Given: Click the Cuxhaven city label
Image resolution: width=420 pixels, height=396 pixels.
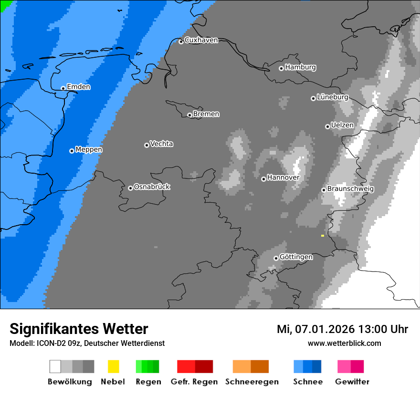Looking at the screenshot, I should coord(201,41).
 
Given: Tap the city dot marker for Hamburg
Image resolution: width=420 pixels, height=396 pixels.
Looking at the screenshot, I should coord(281,68).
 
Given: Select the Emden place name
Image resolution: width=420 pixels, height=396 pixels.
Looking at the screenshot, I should coord(78,87).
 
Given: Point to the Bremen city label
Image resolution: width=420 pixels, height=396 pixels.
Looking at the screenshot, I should coord(206,114).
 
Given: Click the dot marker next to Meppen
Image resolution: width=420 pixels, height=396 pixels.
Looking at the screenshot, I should coord(72,151).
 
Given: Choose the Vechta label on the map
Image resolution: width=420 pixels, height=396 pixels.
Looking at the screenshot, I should coord(161,144).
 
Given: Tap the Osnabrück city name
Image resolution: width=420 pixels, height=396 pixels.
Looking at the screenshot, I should coord(152,187).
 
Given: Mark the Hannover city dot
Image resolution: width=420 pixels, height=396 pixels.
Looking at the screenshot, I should coord(263,179).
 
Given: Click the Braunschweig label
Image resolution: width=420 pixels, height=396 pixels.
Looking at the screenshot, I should coord(350,189).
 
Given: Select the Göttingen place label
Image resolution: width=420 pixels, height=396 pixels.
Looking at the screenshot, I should coord(296,257).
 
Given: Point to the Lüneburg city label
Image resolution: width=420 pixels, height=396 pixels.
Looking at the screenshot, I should coord(332,97).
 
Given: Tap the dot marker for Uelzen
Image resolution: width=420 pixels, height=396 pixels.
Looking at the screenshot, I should coord(327,126).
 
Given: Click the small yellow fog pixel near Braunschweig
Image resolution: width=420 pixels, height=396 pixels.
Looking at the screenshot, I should coord(323,236).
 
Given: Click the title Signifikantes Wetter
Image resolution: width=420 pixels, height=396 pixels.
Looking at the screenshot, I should coord(79,329).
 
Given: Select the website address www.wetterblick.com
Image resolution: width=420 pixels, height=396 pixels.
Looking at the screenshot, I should coord(344,343).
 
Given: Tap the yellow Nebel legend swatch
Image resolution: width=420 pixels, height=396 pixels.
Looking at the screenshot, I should coord(113,366).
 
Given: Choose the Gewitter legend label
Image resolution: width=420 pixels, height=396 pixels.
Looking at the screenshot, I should coord(352,382).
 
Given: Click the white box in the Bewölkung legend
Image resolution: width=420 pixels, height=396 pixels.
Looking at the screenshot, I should coord(55,366).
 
